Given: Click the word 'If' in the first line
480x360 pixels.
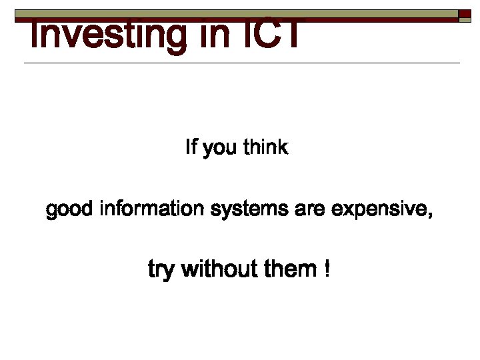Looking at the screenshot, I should [x=191, y=147].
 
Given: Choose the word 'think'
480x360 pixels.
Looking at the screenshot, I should [x=266, y=147].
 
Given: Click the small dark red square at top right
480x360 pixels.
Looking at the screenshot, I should [x=465, y=15].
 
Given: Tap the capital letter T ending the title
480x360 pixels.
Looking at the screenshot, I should [x=291, y=35].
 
